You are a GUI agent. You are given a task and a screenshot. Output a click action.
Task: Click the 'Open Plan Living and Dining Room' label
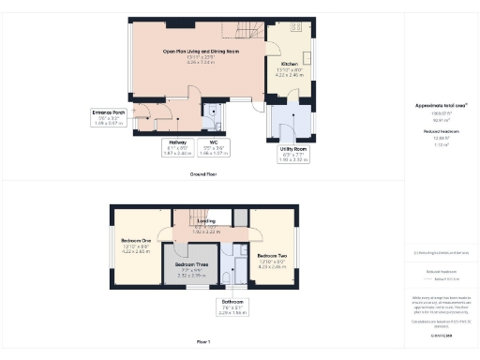click(200, 52)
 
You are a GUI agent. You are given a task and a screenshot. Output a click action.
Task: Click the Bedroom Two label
click(273, 255)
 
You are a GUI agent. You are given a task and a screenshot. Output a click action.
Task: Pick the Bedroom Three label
click(192, 265)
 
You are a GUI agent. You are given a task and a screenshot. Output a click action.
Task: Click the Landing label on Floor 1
click(205, 221)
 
